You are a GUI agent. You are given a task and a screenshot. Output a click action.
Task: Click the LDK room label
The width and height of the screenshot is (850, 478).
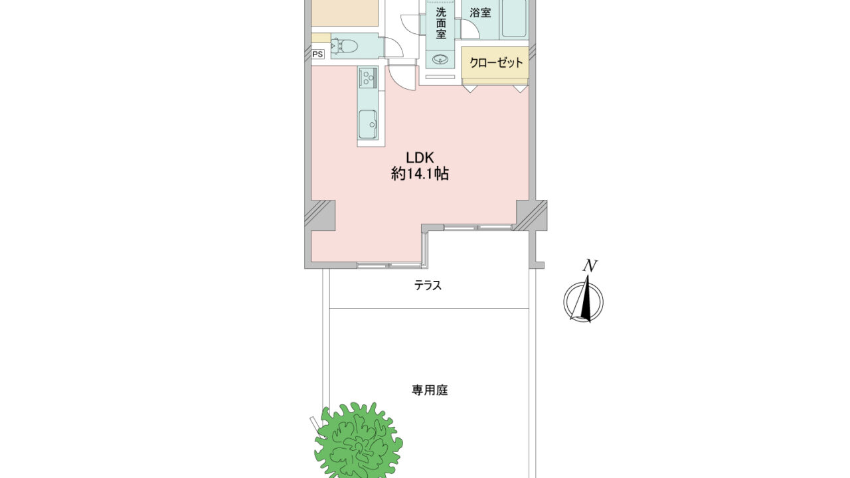click(x=420, y=157)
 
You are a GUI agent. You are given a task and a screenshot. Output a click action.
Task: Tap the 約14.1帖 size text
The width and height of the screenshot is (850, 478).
click(x=420, y=174)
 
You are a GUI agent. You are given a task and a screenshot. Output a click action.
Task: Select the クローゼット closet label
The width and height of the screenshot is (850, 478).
click(x=496, y=62)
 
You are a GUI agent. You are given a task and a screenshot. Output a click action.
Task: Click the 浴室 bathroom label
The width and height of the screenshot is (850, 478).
click(x=480, y=13)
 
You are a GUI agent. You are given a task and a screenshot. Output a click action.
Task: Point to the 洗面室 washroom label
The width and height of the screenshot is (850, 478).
click(x=440, y=23)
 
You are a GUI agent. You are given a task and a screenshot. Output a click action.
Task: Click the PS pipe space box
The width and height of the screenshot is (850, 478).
click(x=317, y=54)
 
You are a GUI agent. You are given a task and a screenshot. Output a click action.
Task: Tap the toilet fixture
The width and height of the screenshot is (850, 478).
click(x=344, y=46)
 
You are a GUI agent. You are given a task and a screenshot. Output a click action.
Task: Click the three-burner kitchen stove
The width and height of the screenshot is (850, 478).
click(x=368, y=78)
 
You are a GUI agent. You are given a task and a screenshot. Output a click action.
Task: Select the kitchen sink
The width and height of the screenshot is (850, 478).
click(x=368, y=125)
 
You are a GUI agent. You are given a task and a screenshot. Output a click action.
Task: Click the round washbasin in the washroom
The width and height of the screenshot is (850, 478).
click(x=440, y=60)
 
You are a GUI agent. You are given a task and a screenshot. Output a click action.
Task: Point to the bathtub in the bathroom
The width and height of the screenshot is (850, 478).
click(x=514, y=19)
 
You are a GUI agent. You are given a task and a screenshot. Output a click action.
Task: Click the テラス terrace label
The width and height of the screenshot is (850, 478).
click(x=428, y=285)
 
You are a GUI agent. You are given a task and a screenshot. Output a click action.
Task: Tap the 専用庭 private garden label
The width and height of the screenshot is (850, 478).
click(x=430, y=390)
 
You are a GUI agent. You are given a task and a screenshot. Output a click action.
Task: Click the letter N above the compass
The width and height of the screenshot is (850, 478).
click(x=590, y=266)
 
